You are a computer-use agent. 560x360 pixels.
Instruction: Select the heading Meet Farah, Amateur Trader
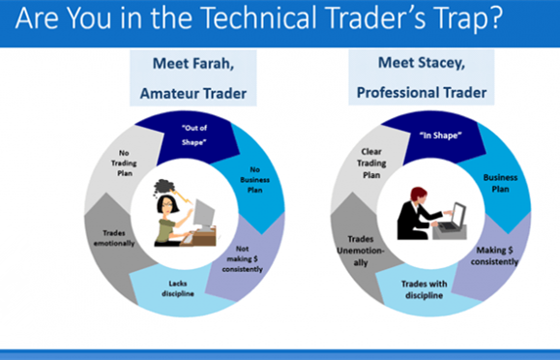tap(193, 78)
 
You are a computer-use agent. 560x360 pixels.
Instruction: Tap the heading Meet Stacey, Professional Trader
tap(422, 77)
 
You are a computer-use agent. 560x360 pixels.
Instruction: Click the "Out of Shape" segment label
tap(194, 135)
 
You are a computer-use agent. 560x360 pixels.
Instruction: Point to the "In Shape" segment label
tap(440, 135)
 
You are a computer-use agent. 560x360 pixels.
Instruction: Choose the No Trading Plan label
tap(124, 163)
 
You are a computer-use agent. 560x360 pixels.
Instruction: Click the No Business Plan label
tap(254, 180)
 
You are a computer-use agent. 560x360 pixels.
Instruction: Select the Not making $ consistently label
tap(242, 258)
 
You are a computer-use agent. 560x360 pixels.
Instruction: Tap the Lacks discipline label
tap(178, 288)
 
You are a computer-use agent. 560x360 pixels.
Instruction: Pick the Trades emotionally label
tap(114, 238)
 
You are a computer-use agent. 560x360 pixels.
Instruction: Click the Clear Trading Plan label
tap(371, 163)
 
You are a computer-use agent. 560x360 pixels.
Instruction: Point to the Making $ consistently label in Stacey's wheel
tap(494, 255)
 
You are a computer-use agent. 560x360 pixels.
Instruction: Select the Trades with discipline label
tap(424, 289)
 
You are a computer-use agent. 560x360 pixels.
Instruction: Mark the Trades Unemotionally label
tap(361, 251)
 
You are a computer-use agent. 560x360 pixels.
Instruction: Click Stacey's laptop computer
tap(450, 222)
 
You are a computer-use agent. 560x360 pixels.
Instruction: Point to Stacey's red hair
tap(418, 195)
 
